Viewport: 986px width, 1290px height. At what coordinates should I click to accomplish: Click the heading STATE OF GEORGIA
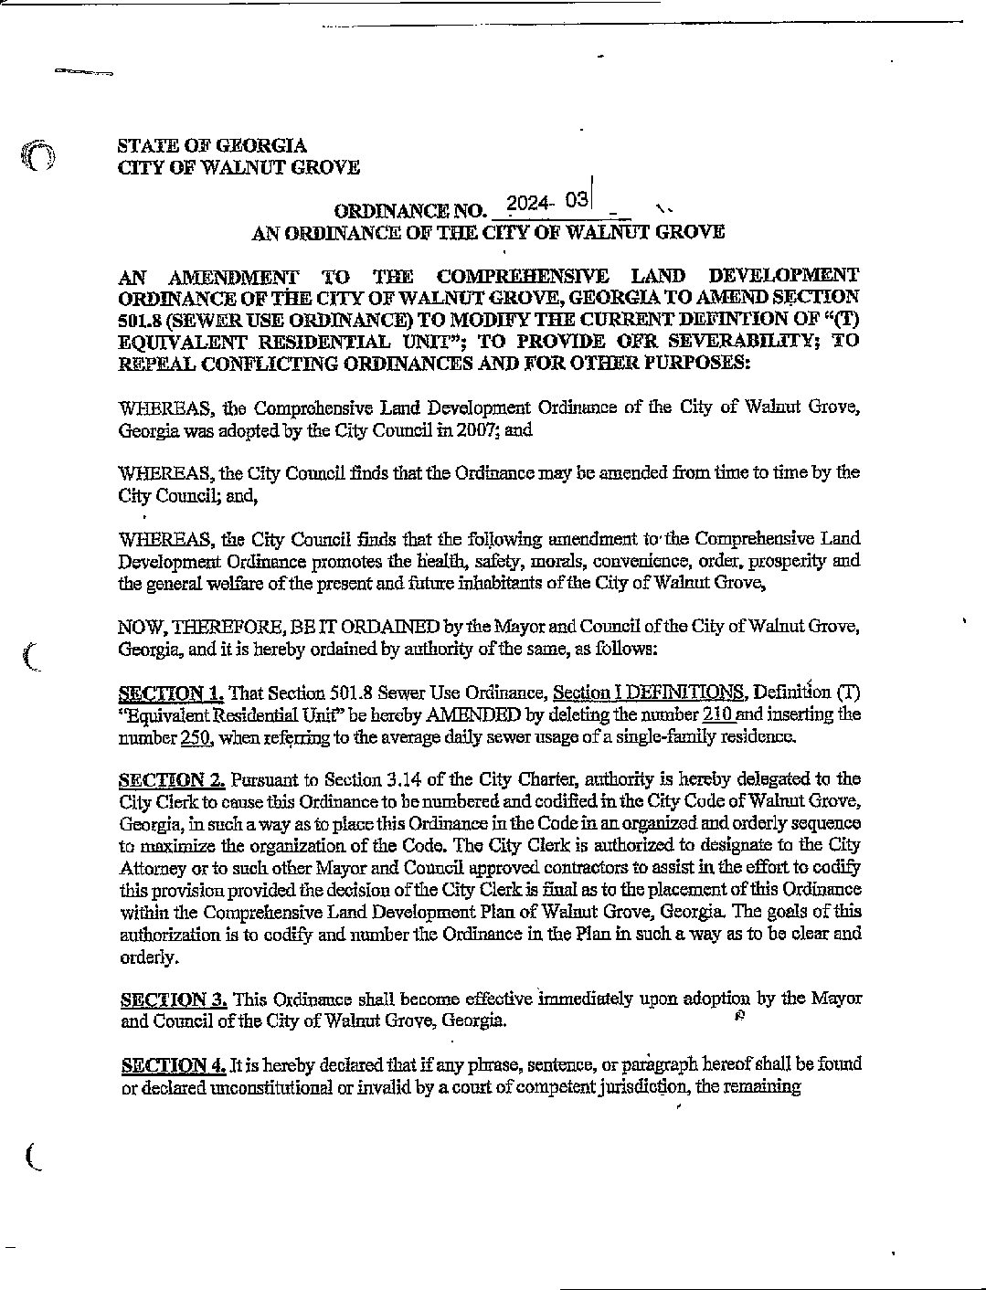(x=212, y=145)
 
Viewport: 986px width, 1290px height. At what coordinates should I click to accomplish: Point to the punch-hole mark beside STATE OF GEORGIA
(x=38, y=157)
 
